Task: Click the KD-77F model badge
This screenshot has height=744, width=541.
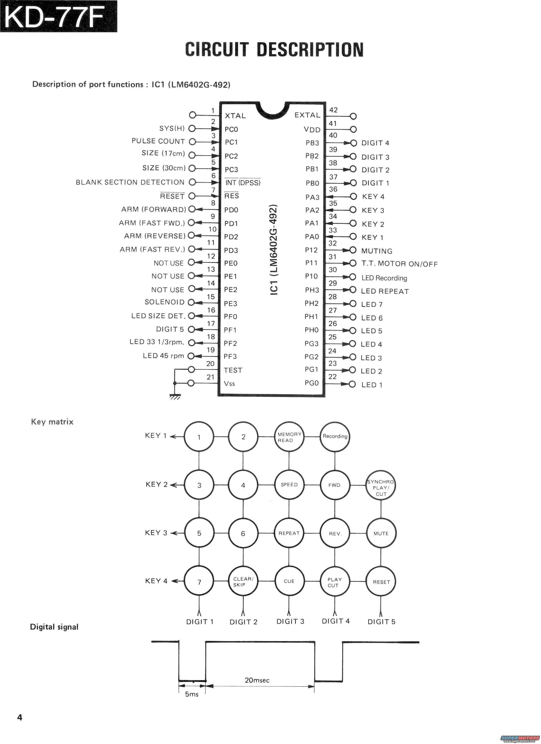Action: [x=58, y=16]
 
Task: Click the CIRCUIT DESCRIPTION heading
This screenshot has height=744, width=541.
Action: [x=274, y=50]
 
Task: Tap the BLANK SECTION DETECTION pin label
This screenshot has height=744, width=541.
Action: [x=130, y=182]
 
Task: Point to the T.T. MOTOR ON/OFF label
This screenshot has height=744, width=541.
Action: [x=399, y=264]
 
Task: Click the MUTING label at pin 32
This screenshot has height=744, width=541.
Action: [x=377, y=251]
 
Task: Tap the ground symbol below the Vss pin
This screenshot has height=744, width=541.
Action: [x=175, y=397]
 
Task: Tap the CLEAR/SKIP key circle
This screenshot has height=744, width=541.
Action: [x=243, y=582]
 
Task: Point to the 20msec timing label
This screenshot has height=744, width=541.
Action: [x=257, y=680]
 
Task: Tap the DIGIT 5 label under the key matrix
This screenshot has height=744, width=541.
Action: [x=381, y=622]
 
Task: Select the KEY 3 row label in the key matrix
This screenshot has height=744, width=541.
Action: [x=156, y=533]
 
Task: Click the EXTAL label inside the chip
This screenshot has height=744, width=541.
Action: [x=307, y=115]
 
